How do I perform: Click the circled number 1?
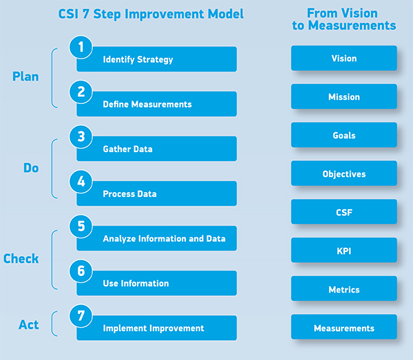[x=81, y=47]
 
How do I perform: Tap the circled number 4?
[x=81, y=182]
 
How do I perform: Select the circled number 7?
[x=81, y=316]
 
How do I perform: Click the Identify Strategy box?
[x=157, y=59]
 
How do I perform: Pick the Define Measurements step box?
[x=157, y=104]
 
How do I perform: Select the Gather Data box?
[x=157, y=149]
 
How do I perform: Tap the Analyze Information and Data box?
[x=157, y=238]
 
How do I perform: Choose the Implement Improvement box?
[x=157, y=328]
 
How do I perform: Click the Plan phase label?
[x=25, y=77]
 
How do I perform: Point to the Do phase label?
[x=31, y=168]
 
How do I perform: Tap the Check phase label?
[x=21, y=259]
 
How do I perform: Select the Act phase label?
[x=28, y=324]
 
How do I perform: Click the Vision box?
[x=344, y=59]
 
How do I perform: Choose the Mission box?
[x=344, y=96]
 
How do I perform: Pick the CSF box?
[x=344, y=212]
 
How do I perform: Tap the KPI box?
[x=344, y=251]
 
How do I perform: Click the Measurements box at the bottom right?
[x=344, y=328]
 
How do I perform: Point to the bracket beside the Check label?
[x=52, y=260]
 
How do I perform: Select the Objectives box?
[x=344, y=173]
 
